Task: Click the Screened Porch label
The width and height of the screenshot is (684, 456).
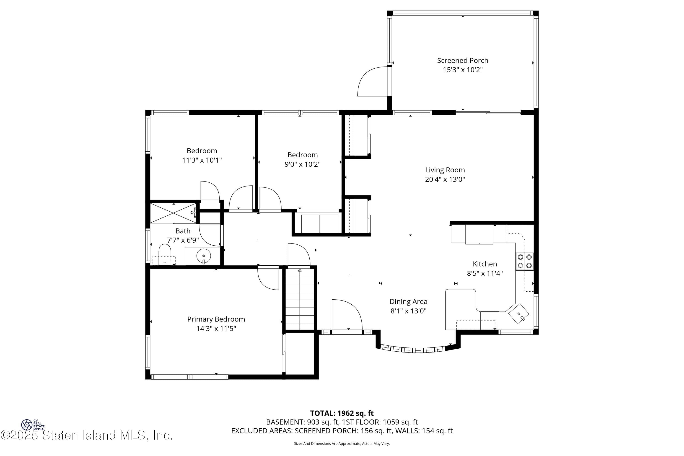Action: tap(462, 60)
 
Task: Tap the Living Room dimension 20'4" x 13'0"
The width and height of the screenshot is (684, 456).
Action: tap(445, 179)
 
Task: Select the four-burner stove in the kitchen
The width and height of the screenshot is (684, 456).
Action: tap(525, 261)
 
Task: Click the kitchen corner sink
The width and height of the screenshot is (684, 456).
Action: tap(518, 314)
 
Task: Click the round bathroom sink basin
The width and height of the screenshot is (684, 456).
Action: tap(204, 256)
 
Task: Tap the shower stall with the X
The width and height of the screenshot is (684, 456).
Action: tap(173, 213)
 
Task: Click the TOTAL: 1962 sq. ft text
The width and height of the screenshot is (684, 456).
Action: tap(342, 413)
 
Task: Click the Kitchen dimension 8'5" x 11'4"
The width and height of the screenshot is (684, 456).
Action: tap(485, 273)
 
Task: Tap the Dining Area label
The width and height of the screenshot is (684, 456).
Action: tap(408, 302)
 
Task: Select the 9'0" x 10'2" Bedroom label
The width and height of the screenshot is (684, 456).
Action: tap(303, 155)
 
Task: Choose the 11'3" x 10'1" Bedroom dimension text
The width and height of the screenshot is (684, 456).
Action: tap(202, 160)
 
